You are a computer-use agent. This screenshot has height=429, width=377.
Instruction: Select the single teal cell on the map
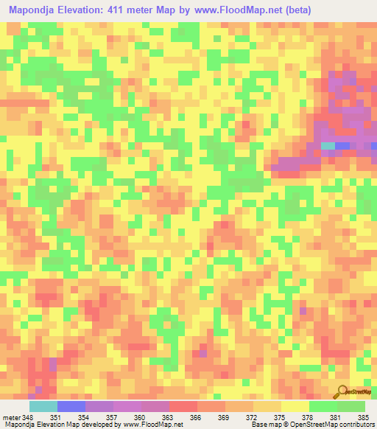[328, 146]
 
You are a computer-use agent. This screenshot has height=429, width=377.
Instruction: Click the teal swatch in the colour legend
[43, 406]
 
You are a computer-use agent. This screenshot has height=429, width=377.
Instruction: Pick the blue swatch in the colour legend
[71, 406]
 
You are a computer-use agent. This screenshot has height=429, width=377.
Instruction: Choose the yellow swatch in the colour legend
[295, 406]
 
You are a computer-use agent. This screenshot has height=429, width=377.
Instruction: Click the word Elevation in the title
[83, 10]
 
